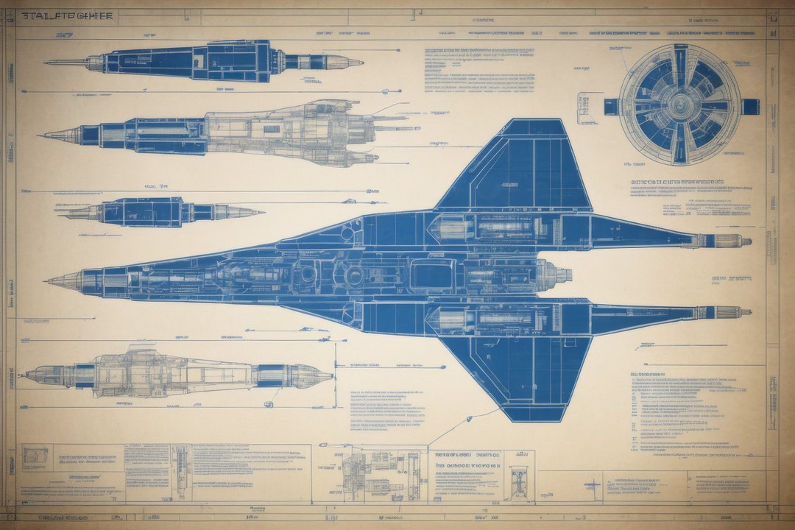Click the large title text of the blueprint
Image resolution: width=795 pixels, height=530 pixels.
tap(67, 15)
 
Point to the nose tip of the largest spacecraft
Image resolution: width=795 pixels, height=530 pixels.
tap(49, 280)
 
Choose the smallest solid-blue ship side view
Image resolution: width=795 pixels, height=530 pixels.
tap(158, 212)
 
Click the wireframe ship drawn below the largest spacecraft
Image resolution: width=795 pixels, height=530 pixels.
tap(177, 375)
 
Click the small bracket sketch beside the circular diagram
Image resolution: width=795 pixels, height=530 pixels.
tap(587, 107)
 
